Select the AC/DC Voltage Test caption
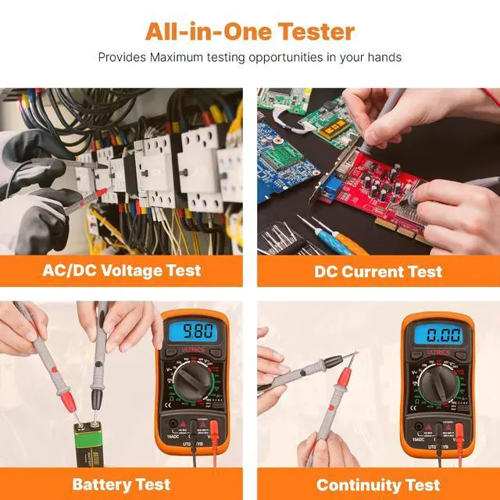[121, 271]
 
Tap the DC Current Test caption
[378, 271]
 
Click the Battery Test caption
[121, 484]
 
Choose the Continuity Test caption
[378, 484]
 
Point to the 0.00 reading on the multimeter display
[437, 336]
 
